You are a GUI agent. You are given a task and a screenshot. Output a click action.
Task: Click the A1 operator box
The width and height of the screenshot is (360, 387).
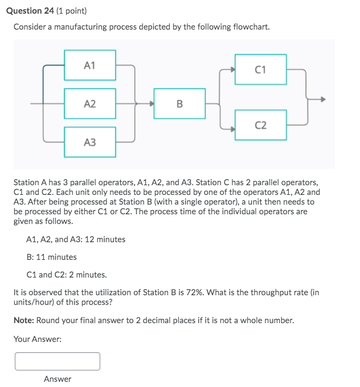coord(90,66)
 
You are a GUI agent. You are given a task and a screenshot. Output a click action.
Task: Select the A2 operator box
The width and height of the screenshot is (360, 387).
coord(90,104)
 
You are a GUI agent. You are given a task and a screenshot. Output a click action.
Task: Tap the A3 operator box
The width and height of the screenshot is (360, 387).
coord(90,142)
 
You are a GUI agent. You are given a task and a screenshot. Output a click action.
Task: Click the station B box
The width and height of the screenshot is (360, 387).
coord(179,104)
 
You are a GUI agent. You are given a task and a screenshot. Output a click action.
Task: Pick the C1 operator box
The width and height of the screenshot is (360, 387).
coord(260,70)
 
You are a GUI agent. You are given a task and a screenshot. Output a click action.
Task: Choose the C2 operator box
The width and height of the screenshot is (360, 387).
coord(260,125)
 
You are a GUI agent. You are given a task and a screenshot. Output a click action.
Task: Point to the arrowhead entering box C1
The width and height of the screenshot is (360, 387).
coord(232,70)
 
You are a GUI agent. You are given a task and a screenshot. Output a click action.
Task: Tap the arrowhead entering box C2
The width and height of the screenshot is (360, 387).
coord(232,128)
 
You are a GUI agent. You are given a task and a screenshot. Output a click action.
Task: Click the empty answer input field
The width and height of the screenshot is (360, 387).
coord(58,361)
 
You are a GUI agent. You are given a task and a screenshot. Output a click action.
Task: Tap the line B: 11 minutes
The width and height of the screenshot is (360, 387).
coord(52,257)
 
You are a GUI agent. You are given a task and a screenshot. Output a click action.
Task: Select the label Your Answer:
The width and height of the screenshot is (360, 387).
coord(38,339)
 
